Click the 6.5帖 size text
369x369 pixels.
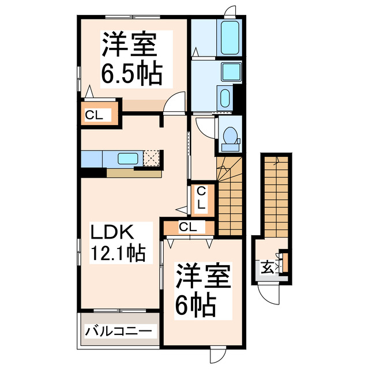pyautogui.click(x=131, y=73)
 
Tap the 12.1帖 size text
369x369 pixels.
pyautogui.click(x=116, y=252)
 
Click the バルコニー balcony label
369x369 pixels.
pyautogui.click(x=119, y=332)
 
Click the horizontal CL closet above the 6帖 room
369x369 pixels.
pyautogui.click(x=188, y=227)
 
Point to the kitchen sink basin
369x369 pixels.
pyautogui.click(x=127, y=157)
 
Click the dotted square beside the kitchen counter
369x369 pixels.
pyautogui.click(x=152, y=158)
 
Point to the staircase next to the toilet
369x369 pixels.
pyautogui.click(x=229, y=196)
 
